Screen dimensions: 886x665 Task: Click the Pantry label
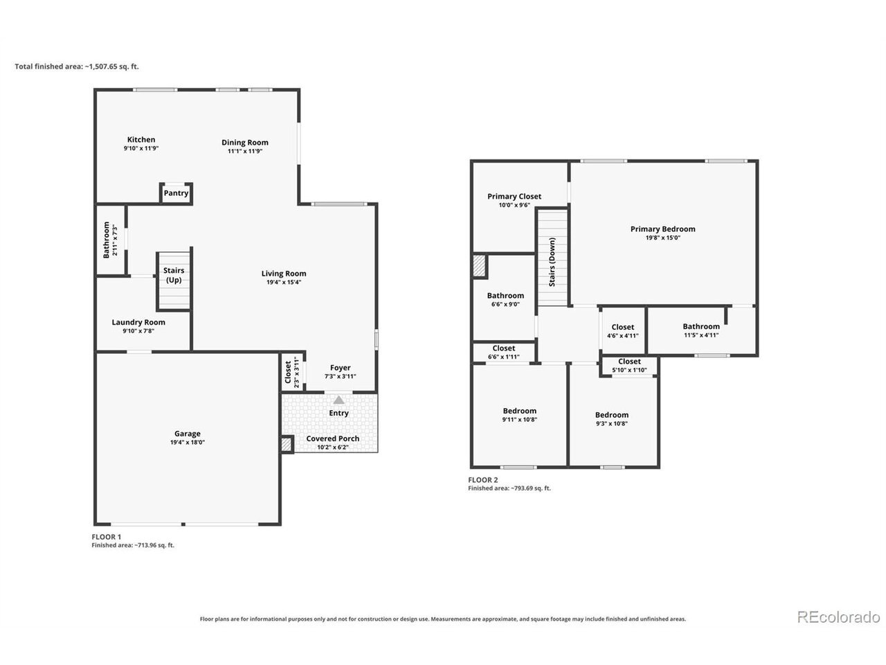(x=176, y=193)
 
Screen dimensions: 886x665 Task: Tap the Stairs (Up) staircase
(x=174, y=281)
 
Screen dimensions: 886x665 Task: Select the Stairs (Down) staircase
(x=552, y=257)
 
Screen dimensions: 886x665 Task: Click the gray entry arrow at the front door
(x=338, y=400)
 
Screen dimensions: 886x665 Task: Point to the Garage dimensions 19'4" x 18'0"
(x=188, y=442)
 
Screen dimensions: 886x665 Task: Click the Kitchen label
(x=141, y=139)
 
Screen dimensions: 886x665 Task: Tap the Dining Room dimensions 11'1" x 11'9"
(x=245, y=151)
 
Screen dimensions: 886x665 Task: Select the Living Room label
(x=284, y=274)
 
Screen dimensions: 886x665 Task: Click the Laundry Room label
(x=138, y=322)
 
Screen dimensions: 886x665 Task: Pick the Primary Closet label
(x=514, y=196)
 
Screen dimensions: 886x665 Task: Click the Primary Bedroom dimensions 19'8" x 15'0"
(x=663, y=238)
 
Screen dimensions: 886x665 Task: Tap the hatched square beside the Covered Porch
(x=286, y=445)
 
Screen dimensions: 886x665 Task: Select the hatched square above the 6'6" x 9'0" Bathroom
(x=480, y=266)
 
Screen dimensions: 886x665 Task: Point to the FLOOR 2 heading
(x=482, y=479)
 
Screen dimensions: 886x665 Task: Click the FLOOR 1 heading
(x=106, y=537)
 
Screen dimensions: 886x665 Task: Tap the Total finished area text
(x=77, y=66)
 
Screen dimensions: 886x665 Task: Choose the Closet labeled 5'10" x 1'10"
(x=629, y=366)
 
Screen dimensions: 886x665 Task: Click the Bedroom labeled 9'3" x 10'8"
(x=611, y=418)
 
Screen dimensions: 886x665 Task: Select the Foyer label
(x=341, y=367)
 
